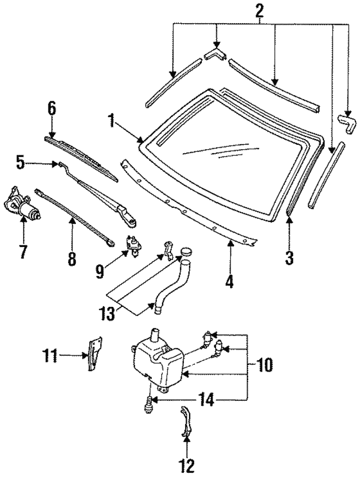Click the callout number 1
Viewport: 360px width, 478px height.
click(111, 120)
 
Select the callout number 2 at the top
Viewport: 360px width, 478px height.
click(259, 10)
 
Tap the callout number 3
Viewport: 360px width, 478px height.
click(289, 258)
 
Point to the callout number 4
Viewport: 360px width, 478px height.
click(229, 280)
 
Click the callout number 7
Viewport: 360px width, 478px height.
click(22, 251)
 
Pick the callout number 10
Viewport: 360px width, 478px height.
click(265, 365)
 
